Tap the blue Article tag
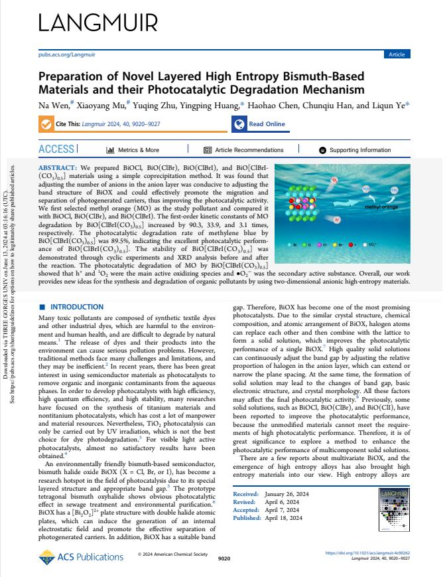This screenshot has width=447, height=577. [397, 54]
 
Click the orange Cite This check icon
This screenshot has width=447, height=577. [46, 124]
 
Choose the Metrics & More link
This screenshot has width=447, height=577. [133, 150]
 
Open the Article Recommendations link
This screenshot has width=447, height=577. [244, 150]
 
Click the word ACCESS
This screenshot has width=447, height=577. [57, 149]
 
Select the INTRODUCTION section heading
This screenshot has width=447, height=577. [76, 307]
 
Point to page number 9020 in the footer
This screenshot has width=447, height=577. [223, 560]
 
